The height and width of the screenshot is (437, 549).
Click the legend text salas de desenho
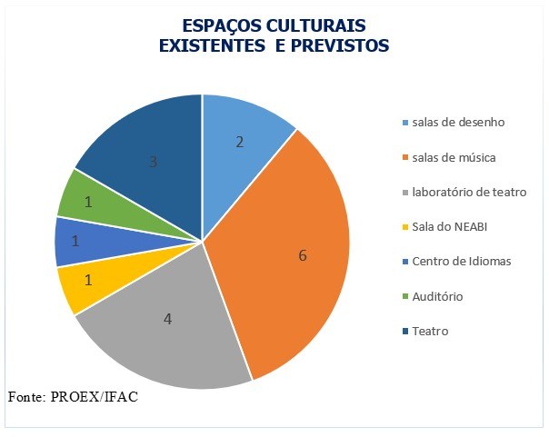click(457, 122)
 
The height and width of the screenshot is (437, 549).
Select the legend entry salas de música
click(453, 157)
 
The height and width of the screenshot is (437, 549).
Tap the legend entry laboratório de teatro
click(468, 192)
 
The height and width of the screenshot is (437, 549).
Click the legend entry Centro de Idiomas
click(461, 262)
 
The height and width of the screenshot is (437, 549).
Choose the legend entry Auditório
click(437, 296)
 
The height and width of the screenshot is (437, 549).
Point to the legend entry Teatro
click(430, 332)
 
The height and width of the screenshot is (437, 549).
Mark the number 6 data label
click(302, 255)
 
